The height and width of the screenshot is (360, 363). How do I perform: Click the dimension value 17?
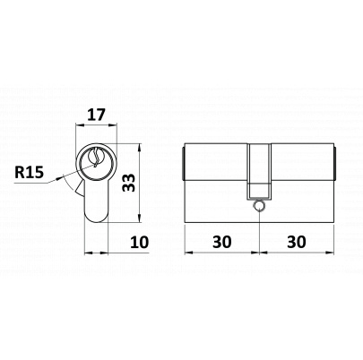[x=96, y=115]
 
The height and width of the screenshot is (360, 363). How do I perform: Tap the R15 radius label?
[x=30, y=172]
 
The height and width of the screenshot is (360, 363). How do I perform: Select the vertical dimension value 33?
[x=129, y=183]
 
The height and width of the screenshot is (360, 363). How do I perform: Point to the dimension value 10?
[x=140, y=242]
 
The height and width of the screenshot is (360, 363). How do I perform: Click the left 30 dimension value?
[x=222, y=242]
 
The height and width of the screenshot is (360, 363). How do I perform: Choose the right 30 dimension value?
[x=297, y=242]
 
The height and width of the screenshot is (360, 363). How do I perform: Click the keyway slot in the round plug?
[x=96, y=158]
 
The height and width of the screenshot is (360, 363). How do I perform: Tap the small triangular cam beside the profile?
[x=80, y=188]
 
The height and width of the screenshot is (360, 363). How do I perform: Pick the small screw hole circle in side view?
[x=259, y=205]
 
